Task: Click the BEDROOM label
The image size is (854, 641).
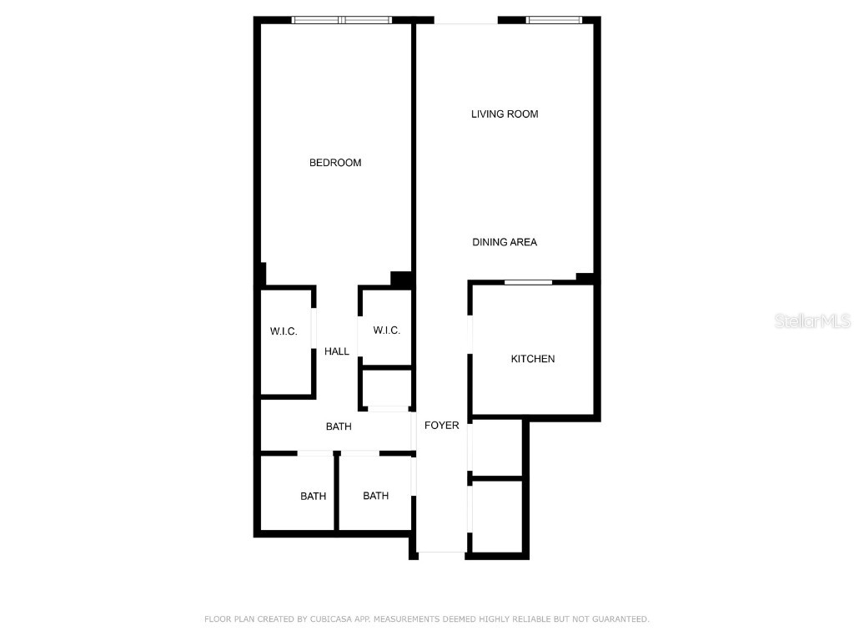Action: (335, 163)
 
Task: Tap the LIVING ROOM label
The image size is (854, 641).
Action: (505, 114)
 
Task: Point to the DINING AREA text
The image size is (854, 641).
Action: (505, 242)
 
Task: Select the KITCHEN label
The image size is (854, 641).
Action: (533, 359)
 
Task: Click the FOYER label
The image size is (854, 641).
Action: (441, 426)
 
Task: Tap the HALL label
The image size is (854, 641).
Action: (337, 351)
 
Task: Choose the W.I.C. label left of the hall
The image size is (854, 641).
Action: (284, 332)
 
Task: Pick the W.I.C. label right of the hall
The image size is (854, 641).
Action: (386, 331)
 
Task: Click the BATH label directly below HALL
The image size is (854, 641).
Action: (339, 426)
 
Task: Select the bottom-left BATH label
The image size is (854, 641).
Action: (313, 497)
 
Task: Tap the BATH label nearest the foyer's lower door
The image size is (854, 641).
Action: (375, 496)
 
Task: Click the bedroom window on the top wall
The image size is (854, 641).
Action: (341, 20)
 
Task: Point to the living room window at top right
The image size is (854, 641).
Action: (554, 20)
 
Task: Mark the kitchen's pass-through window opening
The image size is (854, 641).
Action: (528, 283)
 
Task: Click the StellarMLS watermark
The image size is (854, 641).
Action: (811, 320)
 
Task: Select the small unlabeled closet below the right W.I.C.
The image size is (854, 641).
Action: (386, 388)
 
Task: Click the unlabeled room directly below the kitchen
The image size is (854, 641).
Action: (497, 448)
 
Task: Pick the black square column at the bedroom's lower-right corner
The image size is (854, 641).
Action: (402, 280)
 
